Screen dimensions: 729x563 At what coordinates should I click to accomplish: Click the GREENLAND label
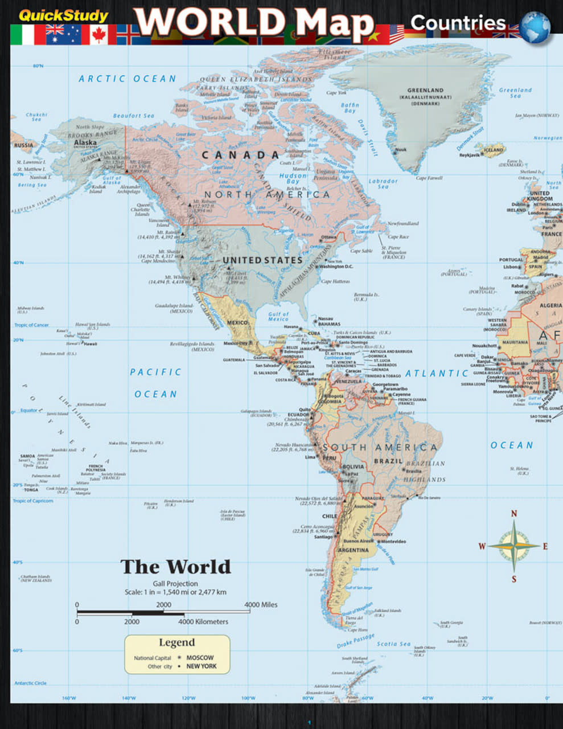[425, 91]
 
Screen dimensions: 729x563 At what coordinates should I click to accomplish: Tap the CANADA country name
[240, 155]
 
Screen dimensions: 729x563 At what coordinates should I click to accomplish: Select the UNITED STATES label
[262, 260]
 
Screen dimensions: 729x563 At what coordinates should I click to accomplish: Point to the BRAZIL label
[388, 461]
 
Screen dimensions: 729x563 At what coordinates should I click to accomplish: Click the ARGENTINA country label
[353, 550]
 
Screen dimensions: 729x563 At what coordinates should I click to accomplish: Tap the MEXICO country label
[238, 323]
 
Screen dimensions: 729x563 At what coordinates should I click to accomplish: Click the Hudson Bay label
[293, 179]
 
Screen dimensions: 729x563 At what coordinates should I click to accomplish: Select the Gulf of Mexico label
[278, 317]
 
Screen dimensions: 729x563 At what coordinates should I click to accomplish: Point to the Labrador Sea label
[383, 184]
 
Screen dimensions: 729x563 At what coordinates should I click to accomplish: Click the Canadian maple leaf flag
[98, 35]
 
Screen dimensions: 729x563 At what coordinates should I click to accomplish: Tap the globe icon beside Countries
[535, 27]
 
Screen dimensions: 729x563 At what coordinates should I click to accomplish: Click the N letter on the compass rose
[514, 514]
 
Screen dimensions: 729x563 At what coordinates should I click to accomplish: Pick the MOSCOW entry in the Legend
[200, 657]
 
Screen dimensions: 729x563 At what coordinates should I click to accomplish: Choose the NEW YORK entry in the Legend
[202, 666]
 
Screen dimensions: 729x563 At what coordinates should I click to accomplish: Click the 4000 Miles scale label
[261, 604]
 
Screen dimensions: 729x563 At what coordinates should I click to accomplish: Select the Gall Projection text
[175, 584]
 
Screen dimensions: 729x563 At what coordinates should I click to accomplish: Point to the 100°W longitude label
[248, 698]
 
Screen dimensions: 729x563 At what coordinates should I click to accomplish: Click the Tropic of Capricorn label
[33, 501]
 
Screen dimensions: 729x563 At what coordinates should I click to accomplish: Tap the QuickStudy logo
[63, 16]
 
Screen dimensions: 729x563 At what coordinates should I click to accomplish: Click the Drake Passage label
[355, 642]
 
